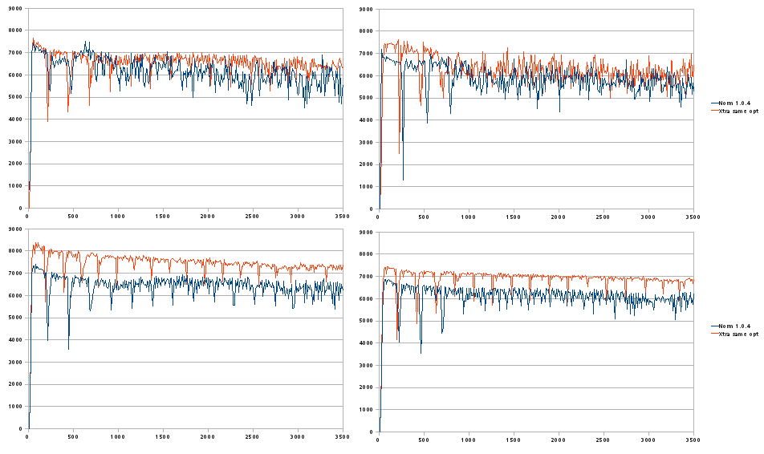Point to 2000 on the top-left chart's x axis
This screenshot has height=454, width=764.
208,216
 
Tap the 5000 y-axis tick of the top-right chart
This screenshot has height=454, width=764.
368,98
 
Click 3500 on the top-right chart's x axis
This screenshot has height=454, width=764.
693,216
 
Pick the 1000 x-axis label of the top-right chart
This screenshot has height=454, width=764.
468,216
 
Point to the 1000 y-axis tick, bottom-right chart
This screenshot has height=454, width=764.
368,408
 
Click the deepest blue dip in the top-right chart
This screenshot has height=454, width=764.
403,180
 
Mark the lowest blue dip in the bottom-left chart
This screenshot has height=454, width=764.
68,349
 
